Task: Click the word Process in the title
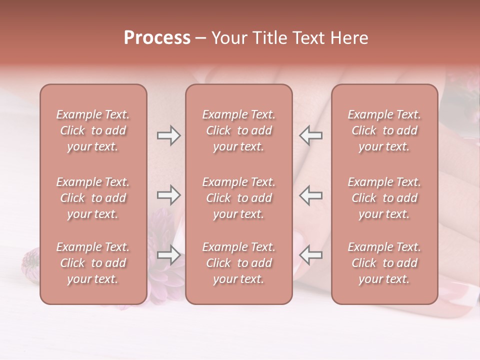pyautogui.click(x=157, y=38)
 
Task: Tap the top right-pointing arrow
pyautogui.click(x=168, y=135)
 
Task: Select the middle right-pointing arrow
pyautogui.click(x=168, y=195)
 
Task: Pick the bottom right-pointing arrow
pyautogui.click(x=168, y=255)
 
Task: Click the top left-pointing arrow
pyautogui.click(x=310, y=135)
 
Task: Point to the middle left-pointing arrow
pyautogui.click(x=310, y=195)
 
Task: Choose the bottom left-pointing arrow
pyautogui.click(x=310, y=255)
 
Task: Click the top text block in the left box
pyautogui.click(x=93, y=130)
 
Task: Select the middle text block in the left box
pyautogui.click(x=93, y=198)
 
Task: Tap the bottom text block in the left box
pyautogui.click(x=93, y=263)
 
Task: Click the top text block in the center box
pyautogui.click(x=239, y=130)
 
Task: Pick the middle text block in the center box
pyautogui.click(x=239, y=198)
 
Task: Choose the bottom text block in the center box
pyautogui.click(x=239, y=263)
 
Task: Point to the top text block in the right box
pyautogui.click(x=384, y=130)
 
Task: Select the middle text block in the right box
pyautogui.click(x=384, y=198)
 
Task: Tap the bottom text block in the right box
pyautogui.click(x=384, y=263)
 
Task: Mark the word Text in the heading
pyautogui.click(x=305, y=38)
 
